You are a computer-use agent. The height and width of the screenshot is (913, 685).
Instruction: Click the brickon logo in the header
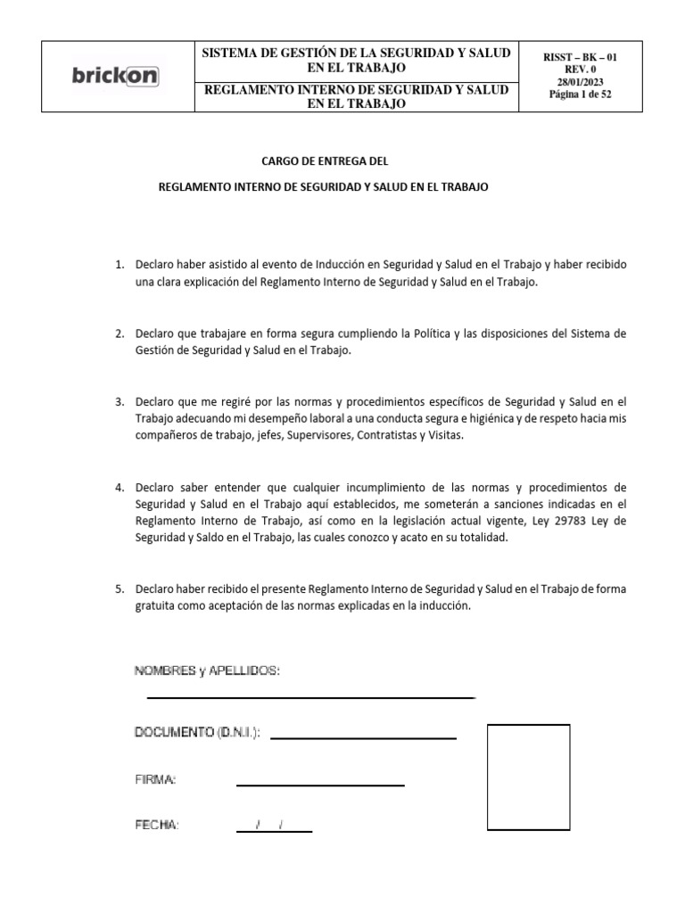(115, 77)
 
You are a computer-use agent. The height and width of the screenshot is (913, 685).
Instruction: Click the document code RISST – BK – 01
(580, 57)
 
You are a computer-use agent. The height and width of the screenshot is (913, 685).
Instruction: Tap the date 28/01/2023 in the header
(580, 81)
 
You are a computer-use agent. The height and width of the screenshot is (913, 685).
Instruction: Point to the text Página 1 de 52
(580, 94)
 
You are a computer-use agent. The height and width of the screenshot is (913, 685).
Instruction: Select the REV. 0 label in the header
(580, 69)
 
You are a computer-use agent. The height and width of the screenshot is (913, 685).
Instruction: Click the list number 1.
(119, 266)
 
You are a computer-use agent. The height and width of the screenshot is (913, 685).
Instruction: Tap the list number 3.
(119, 403)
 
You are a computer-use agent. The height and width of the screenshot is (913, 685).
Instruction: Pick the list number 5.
(119, 589)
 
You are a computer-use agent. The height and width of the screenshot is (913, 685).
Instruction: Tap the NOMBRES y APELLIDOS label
(207, 670)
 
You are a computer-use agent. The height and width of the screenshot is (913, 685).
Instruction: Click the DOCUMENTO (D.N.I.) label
(197, 732)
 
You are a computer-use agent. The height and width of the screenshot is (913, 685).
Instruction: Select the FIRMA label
(155, 780)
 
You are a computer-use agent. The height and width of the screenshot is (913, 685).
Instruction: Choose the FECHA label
(157, 825)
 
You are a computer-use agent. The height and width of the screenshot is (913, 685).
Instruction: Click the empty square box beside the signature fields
(528, 778)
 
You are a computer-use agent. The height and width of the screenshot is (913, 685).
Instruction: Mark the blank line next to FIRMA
(320, 784)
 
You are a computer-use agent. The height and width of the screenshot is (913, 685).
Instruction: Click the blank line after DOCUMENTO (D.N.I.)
(363, 737)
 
